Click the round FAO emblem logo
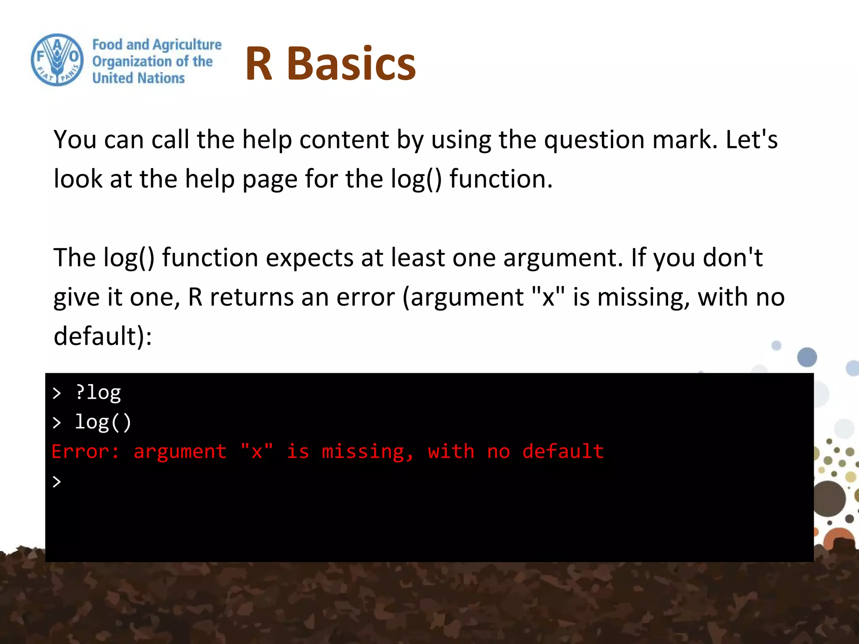(x=57, y=60)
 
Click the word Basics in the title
(x=351, y=64)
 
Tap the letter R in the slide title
(x=259, y=64)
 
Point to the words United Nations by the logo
(x=138, y=78)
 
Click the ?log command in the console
(x=98, y=393)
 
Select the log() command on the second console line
(x=103, y=422)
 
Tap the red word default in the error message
(x=563, y=452)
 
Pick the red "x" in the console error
(x=257, y=452)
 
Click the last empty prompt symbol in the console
(x=57, y=482)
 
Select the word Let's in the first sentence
(x=752, y=140)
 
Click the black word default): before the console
(x=103, y=336)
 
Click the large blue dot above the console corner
(x=807, y=357)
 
